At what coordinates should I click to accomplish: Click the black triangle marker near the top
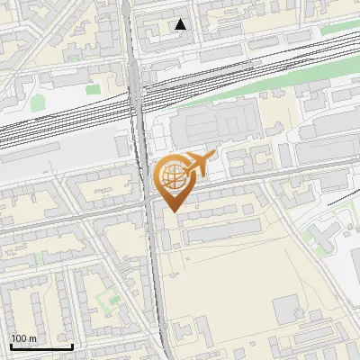(181, 25)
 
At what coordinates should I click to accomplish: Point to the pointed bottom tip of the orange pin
(173, 211)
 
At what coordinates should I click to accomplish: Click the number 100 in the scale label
(21, 338)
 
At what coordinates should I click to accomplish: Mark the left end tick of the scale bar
(11, 345)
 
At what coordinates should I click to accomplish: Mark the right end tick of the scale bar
(72, 345)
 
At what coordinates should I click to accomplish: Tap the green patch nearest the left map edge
(38, 102)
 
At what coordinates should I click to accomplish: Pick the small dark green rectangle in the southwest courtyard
(112, 300)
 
